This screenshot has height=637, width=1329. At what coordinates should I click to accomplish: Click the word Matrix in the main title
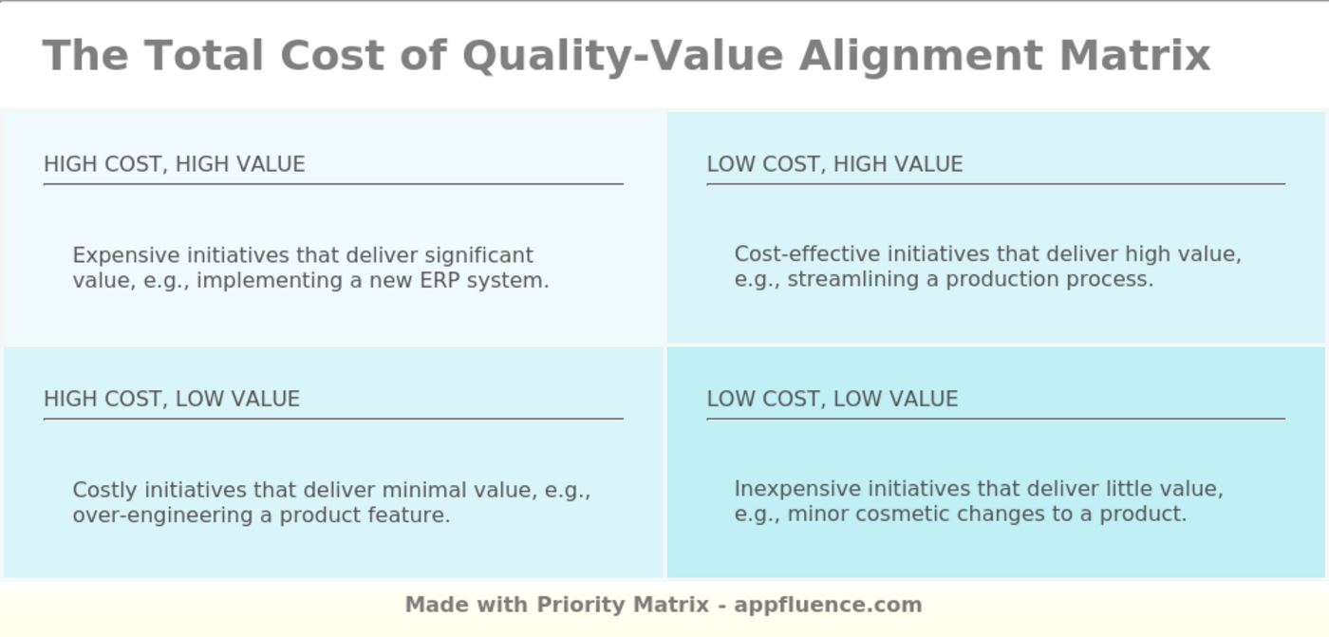(1134, 55)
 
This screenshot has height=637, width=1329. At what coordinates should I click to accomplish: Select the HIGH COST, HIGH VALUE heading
(175, 164)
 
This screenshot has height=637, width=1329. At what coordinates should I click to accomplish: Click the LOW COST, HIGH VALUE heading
(834, 164)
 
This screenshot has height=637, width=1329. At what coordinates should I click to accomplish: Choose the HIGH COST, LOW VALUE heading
(172, 399)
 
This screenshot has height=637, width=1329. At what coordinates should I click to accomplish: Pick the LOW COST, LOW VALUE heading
(832, 399)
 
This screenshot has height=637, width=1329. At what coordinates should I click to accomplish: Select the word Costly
(105, 491)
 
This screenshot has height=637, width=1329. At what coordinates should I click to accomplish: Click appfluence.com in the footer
(828, 605)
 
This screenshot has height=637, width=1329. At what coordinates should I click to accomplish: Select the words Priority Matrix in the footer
(623, 605)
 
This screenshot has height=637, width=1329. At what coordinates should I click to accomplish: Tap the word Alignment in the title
(922, 57)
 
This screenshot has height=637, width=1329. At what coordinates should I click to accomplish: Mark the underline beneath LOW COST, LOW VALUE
(996, 419)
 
